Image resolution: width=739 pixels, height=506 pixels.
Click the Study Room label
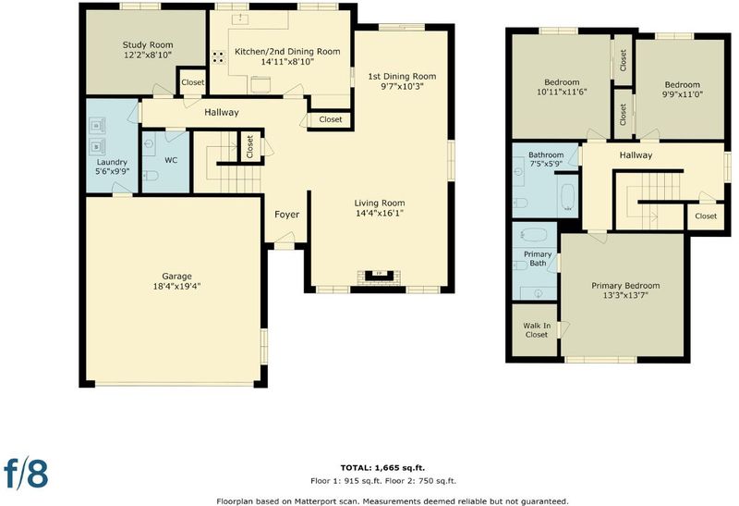pyautogui.click(x=148, y=44)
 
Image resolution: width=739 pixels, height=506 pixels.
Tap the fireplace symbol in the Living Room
pyautogui.click(x=379, y=277)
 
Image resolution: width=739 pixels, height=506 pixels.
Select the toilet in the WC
pyautogui.click(x=151, y=176)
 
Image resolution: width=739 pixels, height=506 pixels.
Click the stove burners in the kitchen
pyautogui.click(x=219, y=57)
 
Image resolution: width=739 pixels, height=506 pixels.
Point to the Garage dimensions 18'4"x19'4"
pyautogui.click(x=176, y=286)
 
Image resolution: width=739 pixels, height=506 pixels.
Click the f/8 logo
pyautogui.click(x=27, y=472)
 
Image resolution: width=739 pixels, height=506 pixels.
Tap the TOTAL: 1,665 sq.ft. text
pyautogui.click(x=382, y=468)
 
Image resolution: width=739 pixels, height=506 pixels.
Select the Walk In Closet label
pyautogui.click(x=537, y=330)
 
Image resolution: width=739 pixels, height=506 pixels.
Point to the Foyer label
pyautogui.click(x=286, y=215)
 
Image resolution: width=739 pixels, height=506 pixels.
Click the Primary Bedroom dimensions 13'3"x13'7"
pyautogui.click(x=625, y=295)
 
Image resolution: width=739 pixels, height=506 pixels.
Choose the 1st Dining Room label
pyautogui.click(x=402, y=76)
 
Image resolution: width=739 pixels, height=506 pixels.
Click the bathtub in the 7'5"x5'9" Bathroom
pyautogui.click(x=568, y=197)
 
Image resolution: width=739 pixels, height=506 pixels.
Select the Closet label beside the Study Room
pyautogui.click(x=193, y=82)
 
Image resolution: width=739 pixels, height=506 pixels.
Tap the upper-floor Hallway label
pyautogui.click(x=636, y=154)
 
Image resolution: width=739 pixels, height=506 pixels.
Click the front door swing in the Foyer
pyautogui.click(x=285, y=238)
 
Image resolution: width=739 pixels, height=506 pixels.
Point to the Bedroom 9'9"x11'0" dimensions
pyautogui.click(x=682, y=94)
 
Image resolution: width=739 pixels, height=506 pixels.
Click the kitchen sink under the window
pyautogui.click(x=240, y=19)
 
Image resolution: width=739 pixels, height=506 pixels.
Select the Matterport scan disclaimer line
pyautogui.click(x=393, y=500)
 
